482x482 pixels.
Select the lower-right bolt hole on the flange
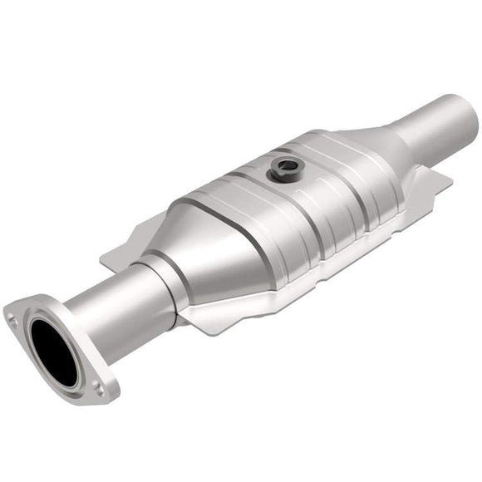[99, 386]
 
